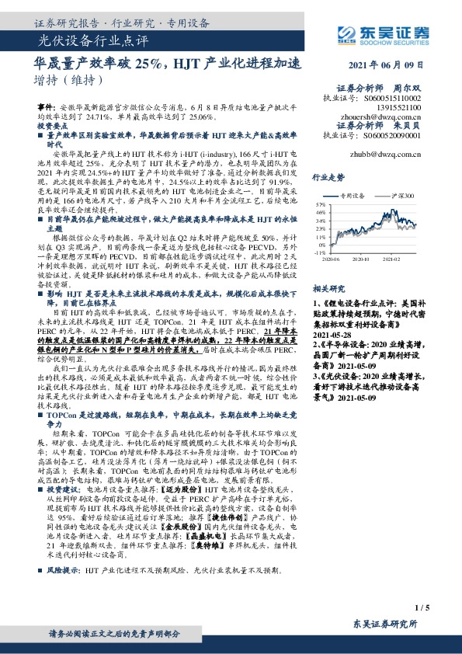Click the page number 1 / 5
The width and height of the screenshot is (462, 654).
coord(422,607)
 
